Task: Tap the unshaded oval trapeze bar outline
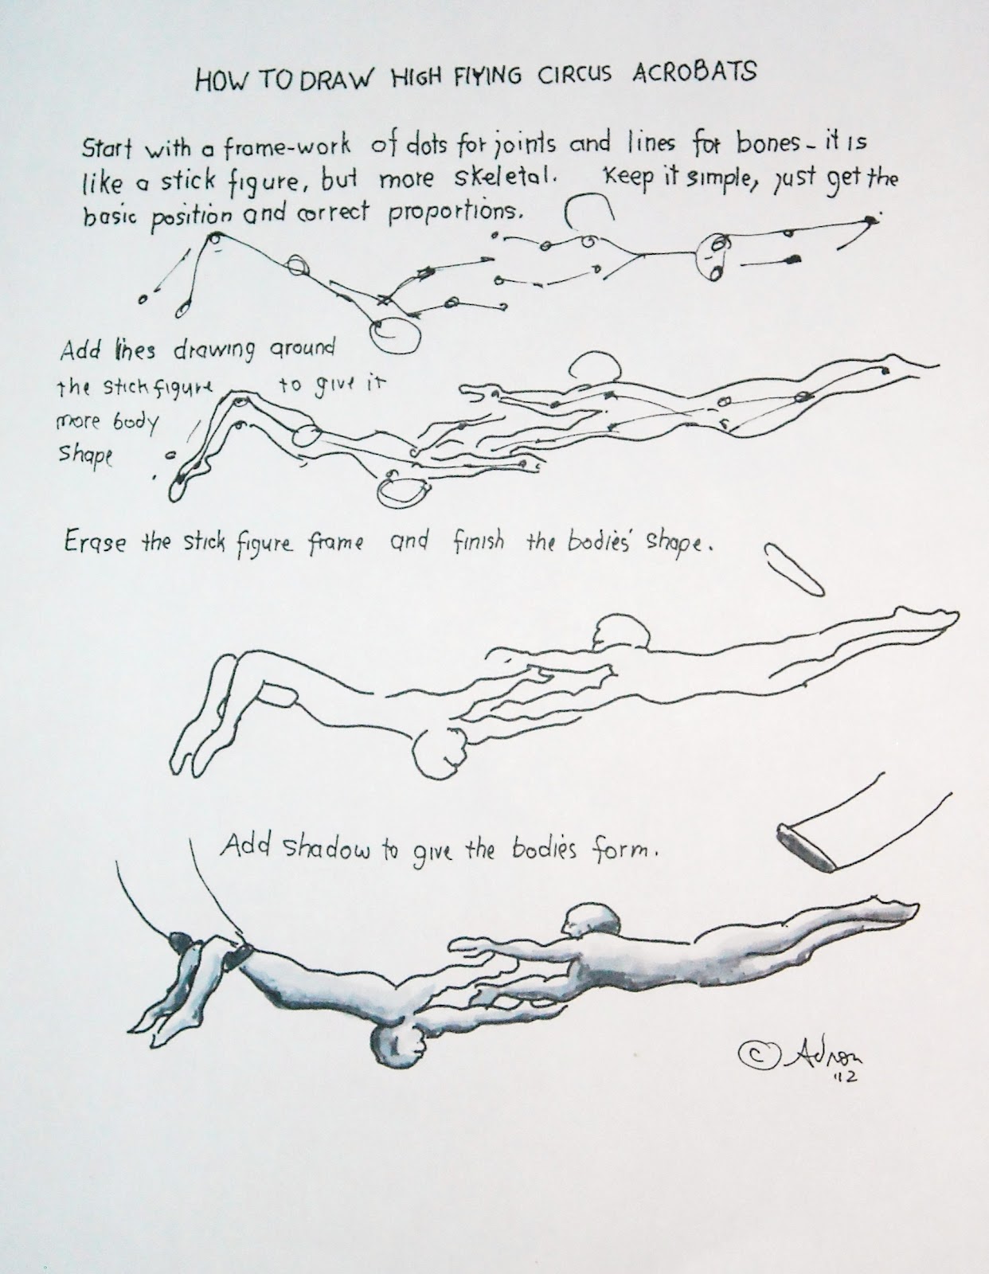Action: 793,567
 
